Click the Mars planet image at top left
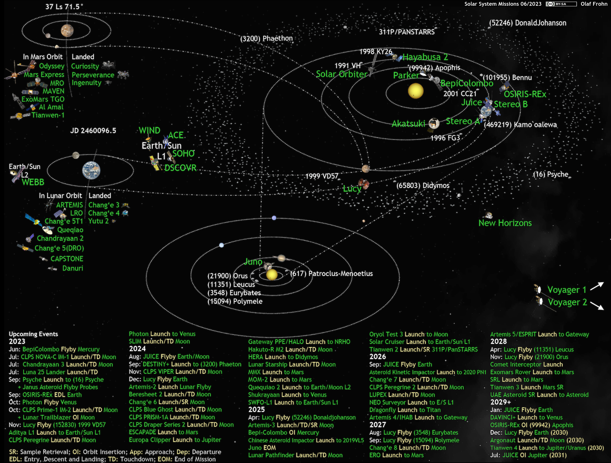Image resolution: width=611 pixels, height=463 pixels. click(x=67, y=31)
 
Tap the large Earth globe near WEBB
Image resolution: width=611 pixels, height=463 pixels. click(x=91, y=170)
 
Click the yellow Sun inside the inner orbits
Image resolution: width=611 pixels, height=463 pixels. click(x=416, y=91)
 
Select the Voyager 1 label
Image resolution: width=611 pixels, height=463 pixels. click(x=567, y=290)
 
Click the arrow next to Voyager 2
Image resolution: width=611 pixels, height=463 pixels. click(x=597, y=306)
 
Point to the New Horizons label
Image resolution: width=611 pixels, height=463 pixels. click(x=505, y=223)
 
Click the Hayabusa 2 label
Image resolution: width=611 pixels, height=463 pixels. click(x=425, y=57)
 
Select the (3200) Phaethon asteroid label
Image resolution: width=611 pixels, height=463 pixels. click(x=266, y=39)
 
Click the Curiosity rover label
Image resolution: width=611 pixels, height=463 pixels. click(x=85, y=66)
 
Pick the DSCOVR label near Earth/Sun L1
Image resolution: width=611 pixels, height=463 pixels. click(x=180, y=168)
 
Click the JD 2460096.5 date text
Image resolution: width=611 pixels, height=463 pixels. click(x=93, y=131)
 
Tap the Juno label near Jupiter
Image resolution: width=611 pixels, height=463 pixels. click(x=253, y=262)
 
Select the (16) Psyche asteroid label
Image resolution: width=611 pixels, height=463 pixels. click(x=551, y=174)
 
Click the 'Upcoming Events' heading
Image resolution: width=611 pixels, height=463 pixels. click(x=33, y=334)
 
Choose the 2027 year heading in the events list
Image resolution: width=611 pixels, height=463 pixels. click(x=377, y=425)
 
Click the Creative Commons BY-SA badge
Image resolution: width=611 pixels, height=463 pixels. click(x=561, y=4)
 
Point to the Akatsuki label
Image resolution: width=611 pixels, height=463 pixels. click(x=409, y=124)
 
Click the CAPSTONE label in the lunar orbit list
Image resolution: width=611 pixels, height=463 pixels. click(x=67, y=259)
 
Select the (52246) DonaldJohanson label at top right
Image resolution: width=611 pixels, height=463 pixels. click(x=528, y=23)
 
